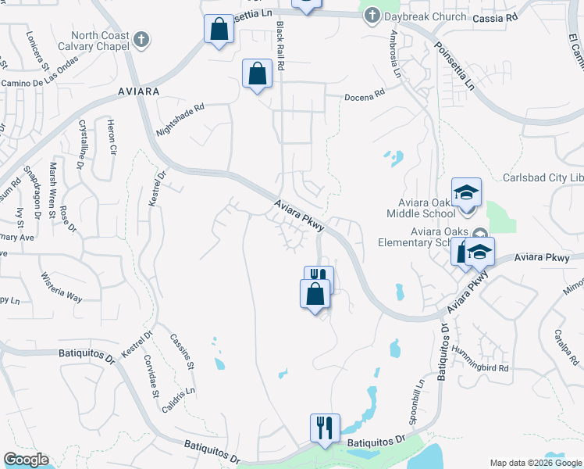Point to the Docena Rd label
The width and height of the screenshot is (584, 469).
coord(366,94)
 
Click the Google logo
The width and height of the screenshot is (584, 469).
coord(26,460)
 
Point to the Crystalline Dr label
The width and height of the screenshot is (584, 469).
coord(81,145)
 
